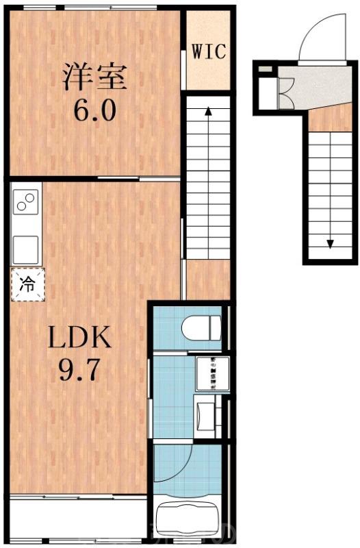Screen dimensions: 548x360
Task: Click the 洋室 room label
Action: (x=96, y=76)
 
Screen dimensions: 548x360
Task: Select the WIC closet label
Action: (x=209, y=51)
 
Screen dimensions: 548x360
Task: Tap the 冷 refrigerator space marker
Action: (x=27, y=284)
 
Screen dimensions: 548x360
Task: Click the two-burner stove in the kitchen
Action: (x=26, y=203)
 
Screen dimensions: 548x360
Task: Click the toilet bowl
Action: (x=202, y=328)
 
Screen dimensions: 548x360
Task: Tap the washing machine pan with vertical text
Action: (x=207, y=374)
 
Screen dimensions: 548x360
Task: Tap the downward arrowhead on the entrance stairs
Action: (x=329, y=244)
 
